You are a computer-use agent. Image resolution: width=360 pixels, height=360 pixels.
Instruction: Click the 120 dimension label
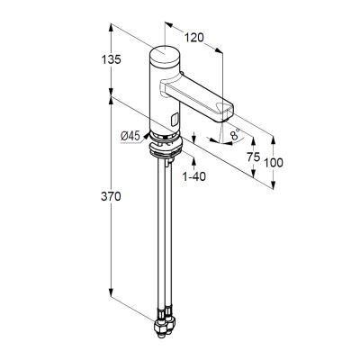193,38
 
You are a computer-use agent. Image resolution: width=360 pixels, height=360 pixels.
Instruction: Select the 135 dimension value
111,59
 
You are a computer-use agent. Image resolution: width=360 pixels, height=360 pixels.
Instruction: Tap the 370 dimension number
111,196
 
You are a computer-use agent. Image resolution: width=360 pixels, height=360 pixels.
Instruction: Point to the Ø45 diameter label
130,137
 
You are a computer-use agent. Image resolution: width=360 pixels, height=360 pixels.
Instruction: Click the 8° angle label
236,133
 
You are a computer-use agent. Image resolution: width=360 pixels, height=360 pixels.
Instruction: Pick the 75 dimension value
253,157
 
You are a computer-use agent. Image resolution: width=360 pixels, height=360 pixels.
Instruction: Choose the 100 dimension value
274,163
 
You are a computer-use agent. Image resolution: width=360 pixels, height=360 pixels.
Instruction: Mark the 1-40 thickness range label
194,176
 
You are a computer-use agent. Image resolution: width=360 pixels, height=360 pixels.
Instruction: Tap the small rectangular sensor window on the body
174,121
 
